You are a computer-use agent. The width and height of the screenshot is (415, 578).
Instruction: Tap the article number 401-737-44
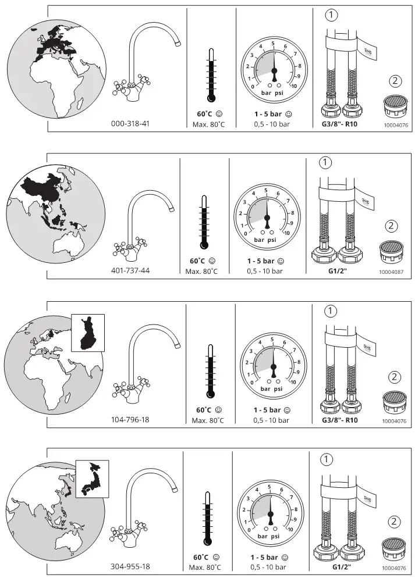pyautogui.click(x=130, y=270)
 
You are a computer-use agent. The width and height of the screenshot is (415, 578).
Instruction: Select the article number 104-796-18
pyautogui.click(x=130, y=419)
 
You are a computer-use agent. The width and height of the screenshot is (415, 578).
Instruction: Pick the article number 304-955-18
pyautogui.click(x=130, y=566)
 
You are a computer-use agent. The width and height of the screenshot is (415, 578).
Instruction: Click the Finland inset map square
pyautogui.click(x=88, y=333)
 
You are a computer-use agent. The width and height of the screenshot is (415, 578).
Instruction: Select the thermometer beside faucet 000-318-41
pyautogui.click(x=211, y=75)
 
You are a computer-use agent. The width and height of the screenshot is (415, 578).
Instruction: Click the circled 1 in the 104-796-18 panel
pyautogui.click(x=331, y=311)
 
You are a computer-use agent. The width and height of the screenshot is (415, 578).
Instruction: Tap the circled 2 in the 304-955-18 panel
pyautogui.click(x=394, y=522)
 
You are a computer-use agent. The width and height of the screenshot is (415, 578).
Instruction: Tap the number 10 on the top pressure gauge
pyautogui.click(x=293, y=86)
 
